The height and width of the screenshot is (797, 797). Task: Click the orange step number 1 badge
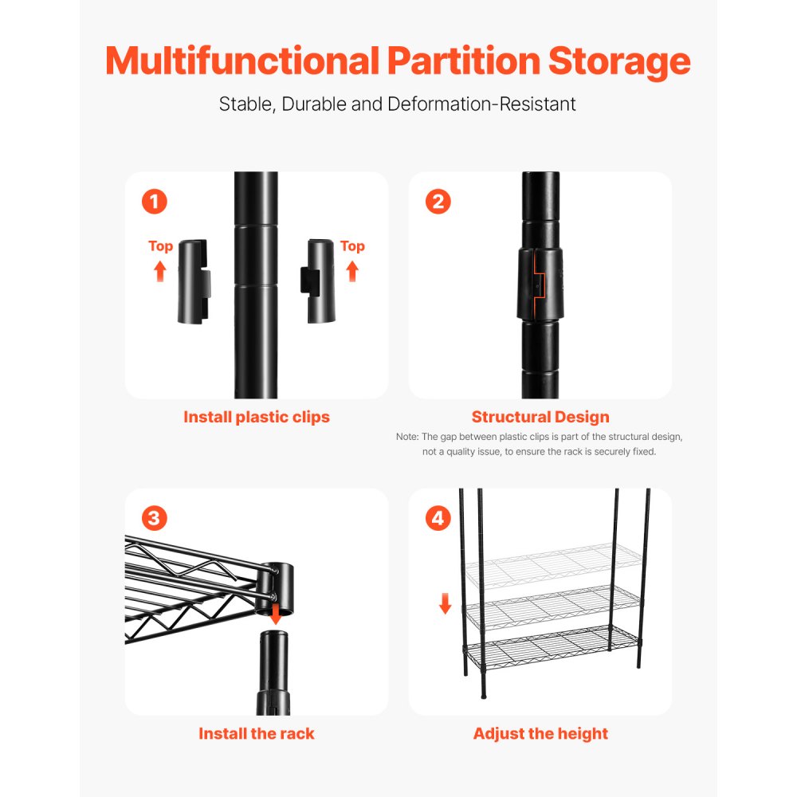(x=154, y=202)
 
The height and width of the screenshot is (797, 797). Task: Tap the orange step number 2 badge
(x=438, y=202)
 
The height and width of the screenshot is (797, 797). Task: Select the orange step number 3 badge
(x=154, y=519)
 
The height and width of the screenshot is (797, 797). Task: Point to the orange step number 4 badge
(x=438, y=519)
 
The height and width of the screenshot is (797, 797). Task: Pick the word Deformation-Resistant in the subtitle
(x=481, y=104)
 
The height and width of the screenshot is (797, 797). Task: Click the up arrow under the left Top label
(x=160, y=271)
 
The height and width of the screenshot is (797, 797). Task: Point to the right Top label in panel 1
(x=352, y=246)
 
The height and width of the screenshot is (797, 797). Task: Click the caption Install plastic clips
(x=256, y=417)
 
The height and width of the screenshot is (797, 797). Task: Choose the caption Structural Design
(x=540, y=417)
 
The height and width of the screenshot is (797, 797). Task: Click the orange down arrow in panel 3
(x=277, y=614)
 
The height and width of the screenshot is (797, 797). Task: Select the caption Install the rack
(x=256, y=733)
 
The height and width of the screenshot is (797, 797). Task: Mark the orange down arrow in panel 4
(x=445, y=606)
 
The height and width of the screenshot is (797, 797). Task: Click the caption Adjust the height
(x=540, y=733)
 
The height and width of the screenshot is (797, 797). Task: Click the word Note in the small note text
(x=406, y=437)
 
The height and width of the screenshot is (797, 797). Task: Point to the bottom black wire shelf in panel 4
(x=550, y=650)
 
